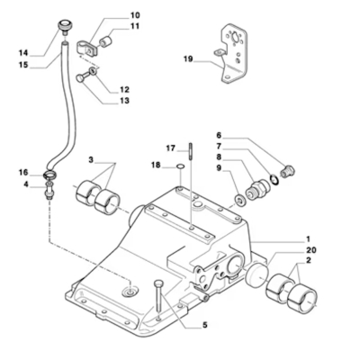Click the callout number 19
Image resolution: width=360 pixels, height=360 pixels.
(x=188, y=59)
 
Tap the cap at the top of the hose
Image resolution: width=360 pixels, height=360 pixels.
(x=64, y=25)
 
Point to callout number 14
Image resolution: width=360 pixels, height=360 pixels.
(x=23, y=53)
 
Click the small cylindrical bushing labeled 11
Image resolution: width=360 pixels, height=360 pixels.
(x=106, y=41)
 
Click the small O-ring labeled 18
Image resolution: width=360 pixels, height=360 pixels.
(x=180, y=166)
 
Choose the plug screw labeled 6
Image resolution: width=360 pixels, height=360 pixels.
(x=288, y=171)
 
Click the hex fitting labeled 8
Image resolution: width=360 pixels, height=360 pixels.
(x=258, y=188)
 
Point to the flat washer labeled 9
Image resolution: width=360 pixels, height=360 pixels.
(x=239, y=200)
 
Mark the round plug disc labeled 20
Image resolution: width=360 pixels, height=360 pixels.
(x=256, y=274)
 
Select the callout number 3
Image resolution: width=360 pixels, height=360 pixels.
(x=91, y=160)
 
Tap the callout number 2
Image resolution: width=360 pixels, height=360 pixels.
(x=309, y=260)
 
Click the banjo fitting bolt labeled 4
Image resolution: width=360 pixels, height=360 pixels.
(x=49, y=190)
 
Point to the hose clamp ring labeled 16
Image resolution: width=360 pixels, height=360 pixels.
(x=50, y=174)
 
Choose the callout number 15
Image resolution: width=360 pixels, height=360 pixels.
(x=23, y=65)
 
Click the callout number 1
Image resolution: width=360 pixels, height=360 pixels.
(x=308, y=239)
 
